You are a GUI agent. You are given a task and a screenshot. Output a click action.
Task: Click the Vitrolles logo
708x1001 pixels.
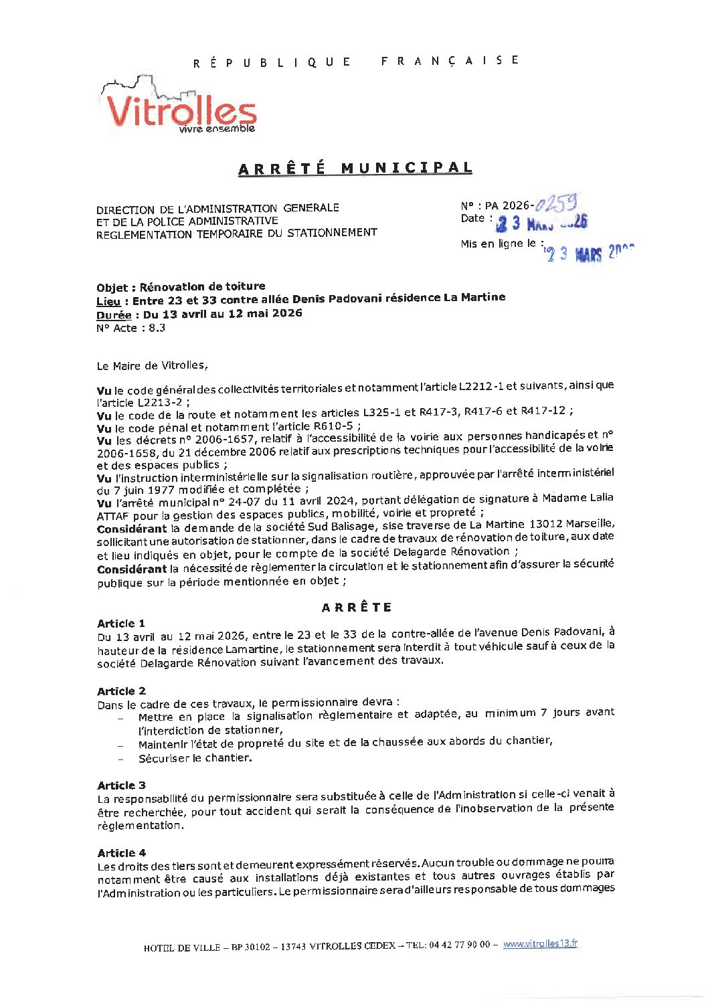(x=179, y=107)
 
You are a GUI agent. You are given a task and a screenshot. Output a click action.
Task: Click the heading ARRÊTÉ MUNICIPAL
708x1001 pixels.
(x=355, y=169)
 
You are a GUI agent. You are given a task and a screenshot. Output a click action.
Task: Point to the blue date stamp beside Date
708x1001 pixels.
(x=541, y=223)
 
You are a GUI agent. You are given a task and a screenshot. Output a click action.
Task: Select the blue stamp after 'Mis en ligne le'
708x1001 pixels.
(x=589, y=253)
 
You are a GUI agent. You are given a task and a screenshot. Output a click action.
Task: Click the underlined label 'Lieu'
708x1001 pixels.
(x=109, y=302)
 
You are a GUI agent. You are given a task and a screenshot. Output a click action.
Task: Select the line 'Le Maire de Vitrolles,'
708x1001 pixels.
(x=153, y=365)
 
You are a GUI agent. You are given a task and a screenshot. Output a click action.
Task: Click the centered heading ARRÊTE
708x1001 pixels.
(x=357, y=608)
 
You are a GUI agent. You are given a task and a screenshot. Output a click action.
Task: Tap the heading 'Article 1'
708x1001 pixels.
(x=121, y=624)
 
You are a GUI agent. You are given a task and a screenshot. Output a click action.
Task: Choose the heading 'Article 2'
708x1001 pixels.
(x=121, y=691)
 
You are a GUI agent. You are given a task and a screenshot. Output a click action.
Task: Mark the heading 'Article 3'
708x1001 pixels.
(x=121, y=786)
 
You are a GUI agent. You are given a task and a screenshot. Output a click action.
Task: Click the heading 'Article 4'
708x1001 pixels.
(x=121, y=853)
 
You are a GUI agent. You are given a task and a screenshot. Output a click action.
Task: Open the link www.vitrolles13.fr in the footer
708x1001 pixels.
(x=540, y=943)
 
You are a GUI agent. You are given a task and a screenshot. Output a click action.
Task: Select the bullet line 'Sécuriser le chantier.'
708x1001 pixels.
(x=195, y=758)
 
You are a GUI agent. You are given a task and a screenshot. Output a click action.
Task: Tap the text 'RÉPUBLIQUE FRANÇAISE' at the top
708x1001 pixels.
(x=356, y=62)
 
